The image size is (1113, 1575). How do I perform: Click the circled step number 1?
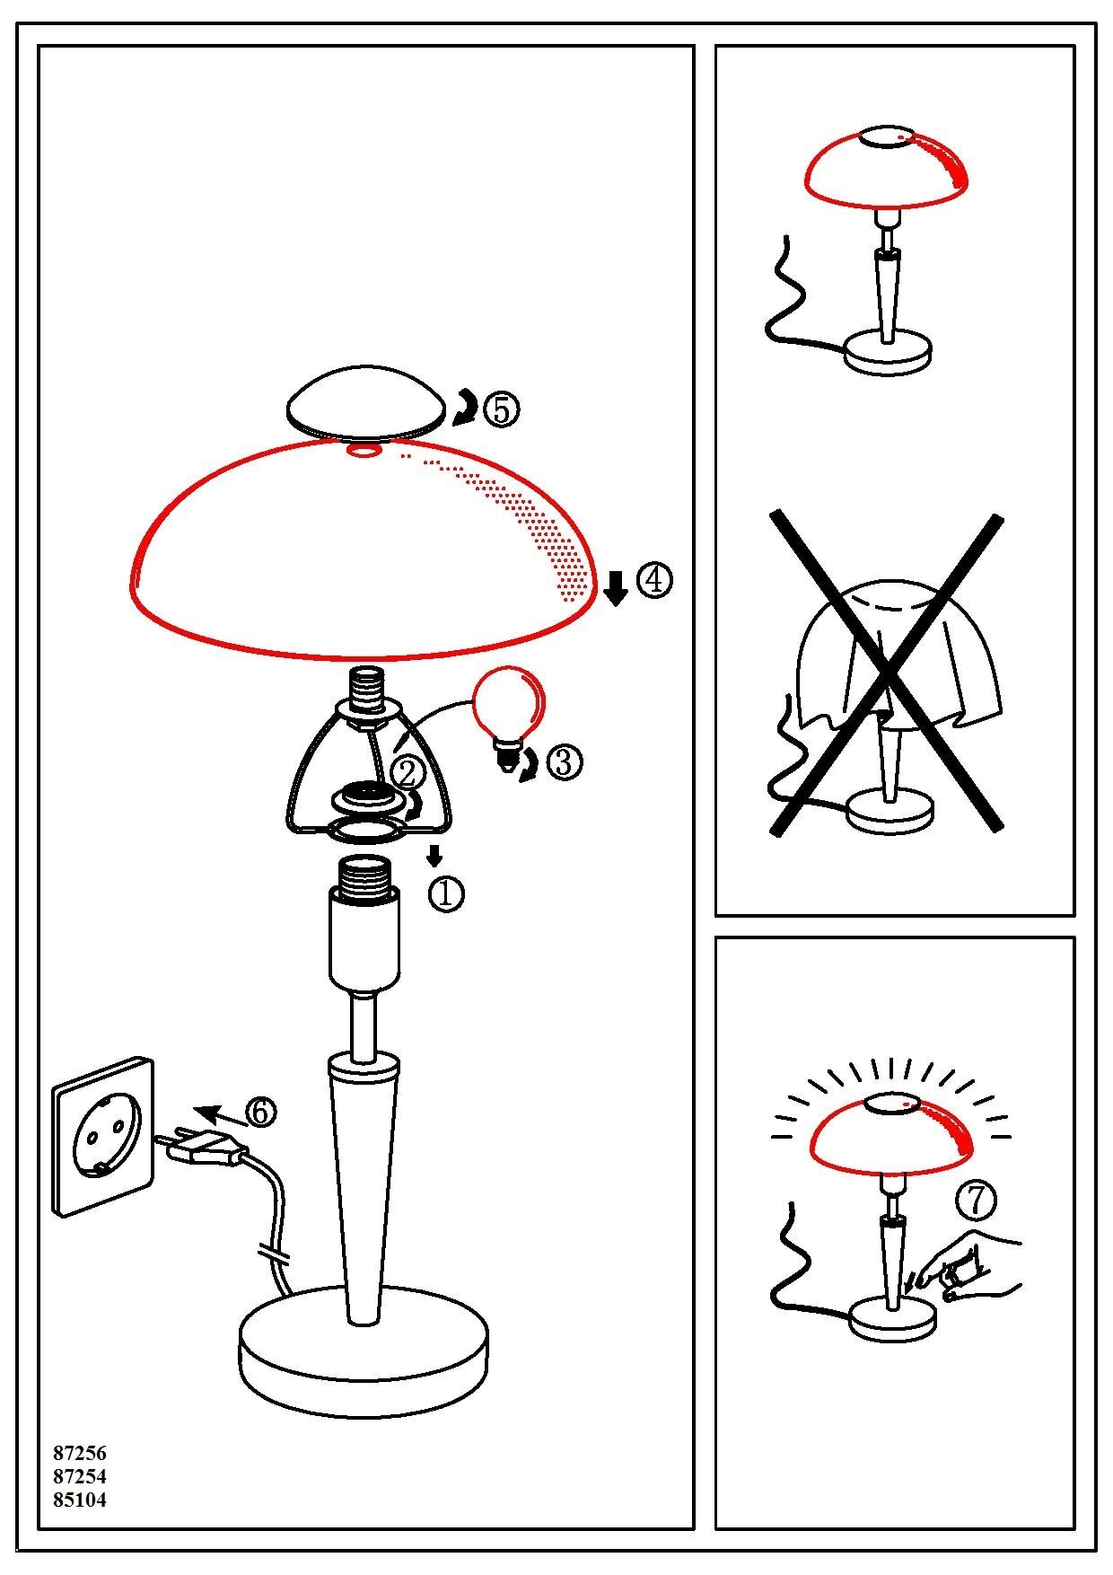point(447,893)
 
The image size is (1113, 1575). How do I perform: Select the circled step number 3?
point(565,762)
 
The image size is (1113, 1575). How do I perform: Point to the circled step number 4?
point(654,581)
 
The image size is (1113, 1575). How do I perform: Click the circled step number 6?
point(259,1112)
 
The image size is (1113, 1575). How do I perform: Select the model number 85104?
point(80,1500)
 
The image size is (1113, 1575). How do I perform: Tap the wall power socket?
point(104,1136)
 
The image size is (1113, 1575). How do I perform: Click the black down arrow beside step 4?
point(616,587)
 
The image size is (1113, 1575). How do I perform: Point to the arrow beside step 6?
point(219,1116)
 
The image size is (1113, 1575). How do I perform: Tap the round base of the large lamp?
point(364,1356)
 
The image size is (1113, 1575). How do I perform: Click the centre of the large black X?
point(887,672)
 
